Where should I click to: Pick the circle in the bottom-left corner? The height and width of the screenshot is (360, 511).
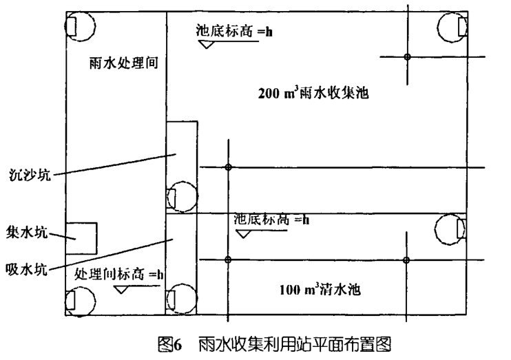[x=78, y=300]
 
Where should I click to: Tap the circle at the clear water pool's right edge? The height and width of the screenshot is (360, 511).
[x=452, y=228]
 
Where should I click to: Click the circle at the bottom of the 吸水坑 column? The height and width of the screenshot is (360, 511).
[x=180, y=297]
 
